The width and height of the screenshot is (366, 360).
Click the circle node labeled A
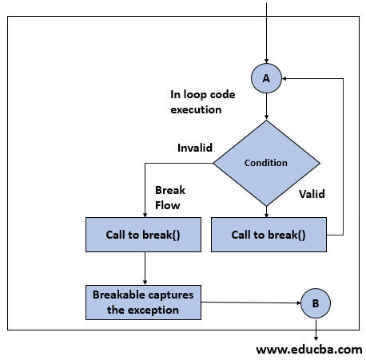(x=266, y=78)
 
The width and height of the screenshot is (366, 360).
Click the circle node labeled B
(x=314, y=303)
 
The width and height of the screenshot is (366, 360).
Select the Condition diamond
(x=266, y=163)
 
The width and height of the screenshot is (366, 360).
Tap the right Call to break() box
(x=269, y=235)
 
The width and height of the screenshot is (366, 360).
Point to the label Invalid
(x=194, y=148)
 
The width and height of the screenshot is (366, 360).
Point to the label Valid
(x=312, y=193)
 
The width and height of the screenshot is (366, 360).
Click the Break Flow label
(x=169, y=198)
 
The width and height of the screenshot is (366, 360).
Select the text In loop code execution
(x=196, y=101)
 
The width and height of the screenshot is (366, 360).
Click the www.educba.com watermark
(x=308, y=349)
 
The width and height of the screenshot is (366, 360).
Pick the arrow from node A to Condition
(x=266, y=107)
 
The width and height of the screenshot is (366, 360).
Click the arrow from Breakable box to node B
(x=249, y=303)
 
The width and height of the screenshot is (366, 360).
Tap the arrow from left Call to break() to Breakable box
(x=145, y=267)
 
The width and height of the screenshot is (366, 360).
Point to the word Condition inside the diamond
(x=266, y=163)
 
